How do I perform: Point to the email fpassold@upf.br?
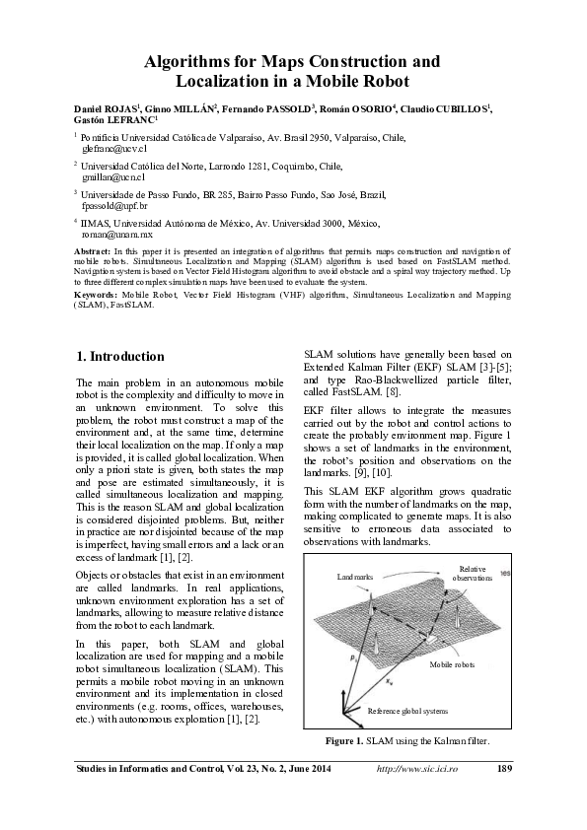pyautogui.click(x=115, y=206)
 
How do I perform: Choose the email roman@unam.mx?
pyautogui.click(x=110, y=236)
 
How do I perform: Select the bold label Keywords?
pyautogui.click(x=98, y=294)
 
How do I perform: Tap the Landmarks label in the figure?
pyautogui.click(x=356, y=576)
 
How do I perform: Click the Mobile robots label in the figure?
pyautogui.click(x=453, y=667)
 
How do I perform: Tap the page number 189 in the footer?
pyautogui.click(x=503, y=768)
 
